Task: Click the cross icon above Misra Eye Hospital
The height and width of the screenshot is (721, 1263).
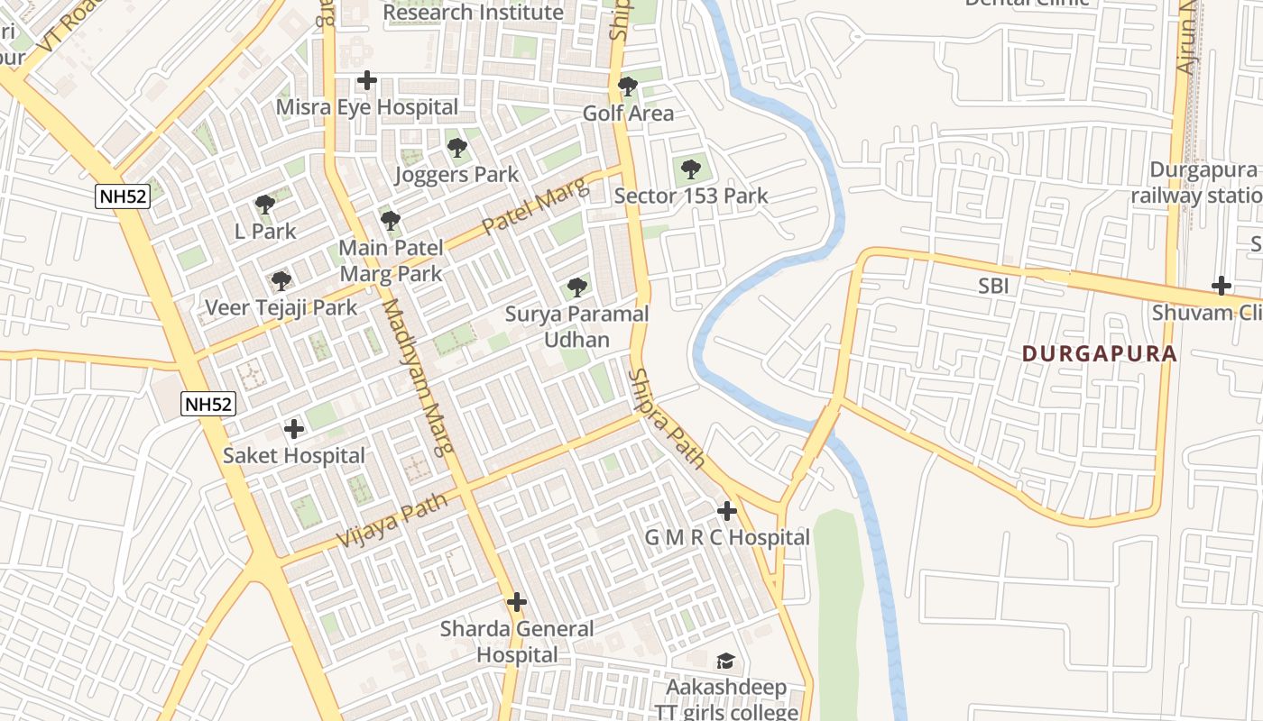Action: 366,80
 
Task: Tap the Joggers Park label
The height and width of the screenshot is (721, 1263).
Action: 456,174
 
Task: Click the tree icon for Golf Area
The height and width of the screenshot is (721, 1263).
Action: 628,87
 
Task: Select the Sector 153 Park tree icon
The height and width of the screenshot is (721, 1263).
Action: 690,169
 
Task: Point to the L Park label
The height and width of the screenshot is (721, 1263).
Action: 265,231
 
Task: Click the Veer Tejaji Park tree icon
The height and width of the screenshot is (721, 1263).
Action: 281,281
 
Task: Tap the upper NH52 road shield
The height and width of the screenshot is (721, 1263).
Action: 123,196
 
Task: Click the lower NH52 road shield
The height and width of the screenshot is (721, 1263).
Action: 208,404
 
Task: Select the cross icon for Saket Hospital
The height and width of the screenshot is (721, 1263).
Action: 294,429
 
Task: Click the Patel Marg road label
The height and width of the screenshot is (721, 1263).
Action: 535,206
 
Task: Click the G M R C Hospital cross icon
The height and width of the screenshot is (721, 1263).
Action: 726,511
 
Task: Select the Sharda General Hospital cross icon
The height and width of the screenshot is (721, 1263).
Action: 517,602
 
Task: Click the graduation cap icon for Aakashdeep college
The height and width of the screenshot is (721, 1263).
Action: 725,662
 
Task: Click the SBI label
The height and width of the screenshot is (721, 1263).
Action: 993,287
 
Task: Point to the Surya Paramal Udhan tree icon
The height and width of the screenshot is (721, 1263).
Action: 576,288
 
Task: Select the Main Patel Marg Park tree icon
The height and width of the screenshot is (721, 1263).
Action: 390,221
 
